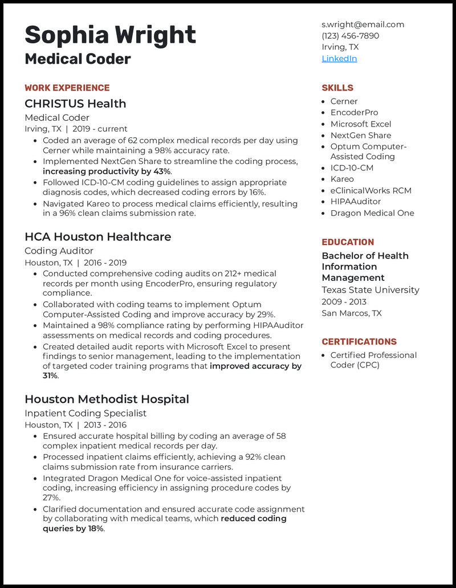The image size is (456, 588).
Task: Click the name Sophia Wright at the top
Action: [110, 35]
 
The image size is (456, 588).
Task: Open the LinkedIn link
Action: [339, 59]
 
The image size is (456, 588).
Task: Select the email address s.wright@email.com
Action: [363, 24]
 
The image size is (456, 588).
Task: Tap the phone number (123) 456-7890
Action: [350, 36]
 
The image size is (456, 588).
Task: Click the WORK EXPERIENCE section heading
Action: [67, 88]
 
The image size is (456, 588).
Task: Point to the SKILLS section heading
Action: [337, 88]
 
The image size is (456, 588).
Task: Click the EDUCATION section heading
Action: [348, 242]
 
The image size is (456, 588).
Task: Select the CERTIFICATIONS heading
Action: [359, 342]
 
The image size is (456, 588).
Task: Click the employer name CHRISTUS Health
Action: [75, 104]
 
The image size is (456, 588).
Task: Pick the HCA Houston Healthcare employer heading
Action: [97, 236]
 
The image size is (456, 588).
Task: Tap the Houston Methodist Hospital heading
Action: [107, 399]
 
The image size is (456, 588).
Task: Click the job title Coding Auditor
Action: [59, 251]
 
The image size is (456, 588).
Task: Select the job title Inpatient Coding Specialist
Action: [85, 413]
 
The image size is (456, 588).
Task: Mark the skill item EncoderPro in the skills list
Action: [354, 113]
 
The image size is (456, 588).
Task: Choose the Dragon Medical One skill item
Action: [372, 213]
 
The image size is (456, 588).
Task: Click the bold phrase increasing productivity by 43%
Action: [107, 171]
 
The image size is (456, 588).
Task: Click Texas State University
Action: [370, 290]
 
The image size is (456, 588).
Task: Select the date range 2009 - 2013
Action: [344, 302]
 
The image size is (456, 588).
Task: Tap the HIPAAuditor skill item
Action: [355, 202]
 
